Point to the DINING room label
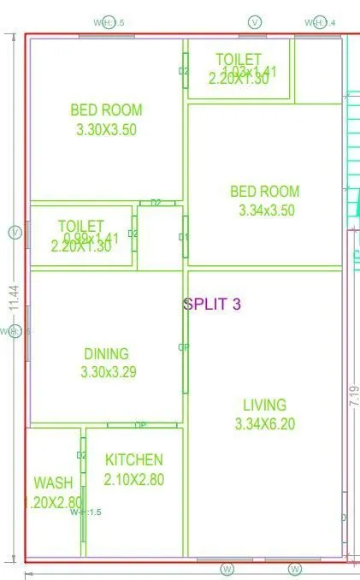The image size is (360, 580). pos(106,353)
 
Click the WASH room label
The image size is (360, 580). pos(53,483)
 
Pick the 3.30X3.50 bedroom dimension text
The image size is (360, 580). pos(106,130)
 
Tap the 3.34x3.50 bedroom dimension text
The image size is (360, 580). pos(264,210)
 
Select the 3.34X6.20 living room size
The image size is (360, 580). pos(264,423)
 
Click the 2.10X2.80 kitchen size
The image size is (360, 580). pos(133,480)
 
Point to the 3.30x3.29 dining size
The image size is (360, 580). pos(106,372)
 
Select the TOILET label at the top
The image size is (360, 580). pos(239,59)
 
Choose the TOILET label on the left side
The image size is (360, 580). pos(81,225)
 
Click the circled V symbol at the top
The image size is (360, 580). pos(254,21)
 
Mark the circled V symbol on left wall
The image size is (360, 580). pos(14,232)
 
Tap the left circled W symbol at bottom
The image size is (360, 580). pos(227,569)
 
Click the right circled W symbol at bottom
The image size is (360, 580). pos(295,569)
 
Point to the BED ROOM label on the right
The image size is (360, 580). pos(264,191)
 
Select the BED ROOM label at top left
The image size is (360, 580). pos(106,109)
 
